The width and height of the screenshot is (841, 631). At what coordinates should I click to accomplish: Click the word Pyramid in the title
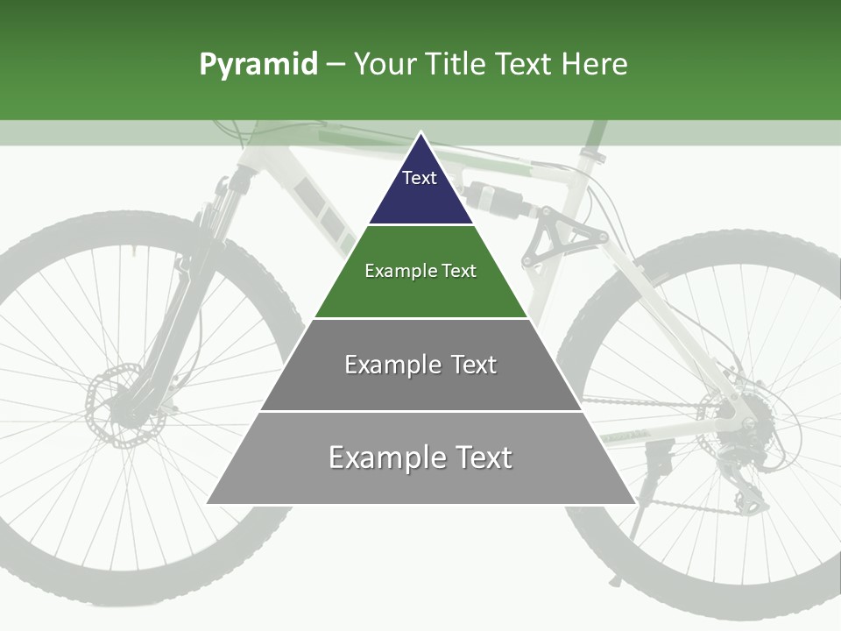pyautogui.click(x=258, y=65)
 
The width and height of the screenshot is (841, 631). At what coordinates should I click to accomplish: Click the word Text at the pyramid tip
pyautogui.click(x=420, y=178)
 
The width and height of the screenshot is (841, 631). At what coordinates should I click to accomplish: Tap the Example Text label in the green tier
pyautogui.click(x=420, y=271)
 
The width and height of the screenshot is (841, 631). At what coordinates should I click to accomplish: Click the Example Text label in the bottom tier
pyautogui.click(x=420, y=457)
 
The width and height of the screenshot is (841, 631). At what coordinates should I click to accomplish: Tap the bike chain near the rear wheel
pyautogui.click(x=666, y=403)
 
